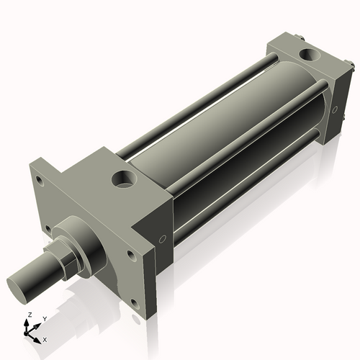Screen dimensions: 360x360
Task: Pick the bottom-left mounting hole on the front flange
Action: tap(48, 230)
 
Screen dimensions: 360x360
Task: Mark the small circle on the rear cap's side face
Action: tap(336, 109)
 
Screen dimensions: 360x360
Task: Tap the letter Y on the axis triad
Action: tap(44, 318)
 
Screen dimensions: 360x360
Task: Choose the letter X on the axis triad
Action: tap(45, 339)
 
